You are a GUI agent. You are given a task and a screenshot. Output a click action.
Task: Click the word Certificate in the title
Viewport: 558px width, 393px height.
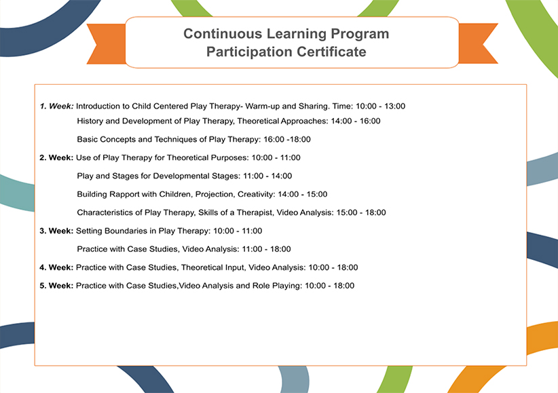point(331,52)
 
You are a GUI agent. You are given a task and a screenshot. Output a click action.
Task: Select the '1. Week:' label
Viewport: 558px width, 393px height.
point(57,106)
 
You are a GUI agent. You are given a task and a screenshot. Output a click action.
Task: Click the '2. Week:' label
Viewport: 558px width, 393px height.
point(56,157)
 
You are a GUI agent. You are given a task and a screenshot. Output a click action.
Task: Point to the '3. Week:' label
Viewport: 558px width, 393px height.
point(56,231)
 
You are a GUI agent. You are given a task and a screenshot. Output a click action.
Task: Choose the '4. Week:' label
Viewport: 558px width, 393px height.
point(56,267)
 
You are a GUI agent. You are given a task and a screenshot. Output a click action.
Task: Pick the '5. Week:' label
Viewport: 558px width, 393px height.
point(56,286)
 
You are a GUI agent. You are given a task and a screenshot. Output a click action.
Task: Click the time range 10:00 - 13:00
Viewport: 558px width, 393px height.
point(380,106)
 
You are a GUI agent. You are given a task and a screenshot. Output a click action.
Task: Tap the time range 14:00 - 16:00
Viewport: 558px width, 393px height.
point(356,121)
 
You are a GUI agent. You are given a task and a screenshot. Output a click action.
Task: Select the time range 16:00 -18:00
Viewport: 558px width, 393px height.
point(287,140)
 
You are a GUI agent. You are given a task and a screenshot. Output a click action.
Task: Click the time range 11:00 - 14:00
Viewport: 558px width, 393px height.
point(267,176)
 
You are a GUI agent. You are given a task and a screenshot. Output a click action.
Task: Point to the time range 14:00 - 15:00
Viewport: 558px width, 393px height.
point(303,194)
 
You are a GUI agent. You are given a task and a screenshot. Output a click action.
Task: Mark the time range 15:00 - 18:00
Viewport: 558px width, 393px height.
point(361,213)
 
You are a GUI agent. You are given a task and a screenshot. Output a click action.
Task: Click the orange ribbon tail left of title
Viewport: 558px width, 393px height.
point(106,44)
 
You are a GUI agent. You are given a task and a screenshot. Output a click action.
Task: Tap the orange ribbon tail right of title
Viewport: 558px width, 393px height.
point(479,43)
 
